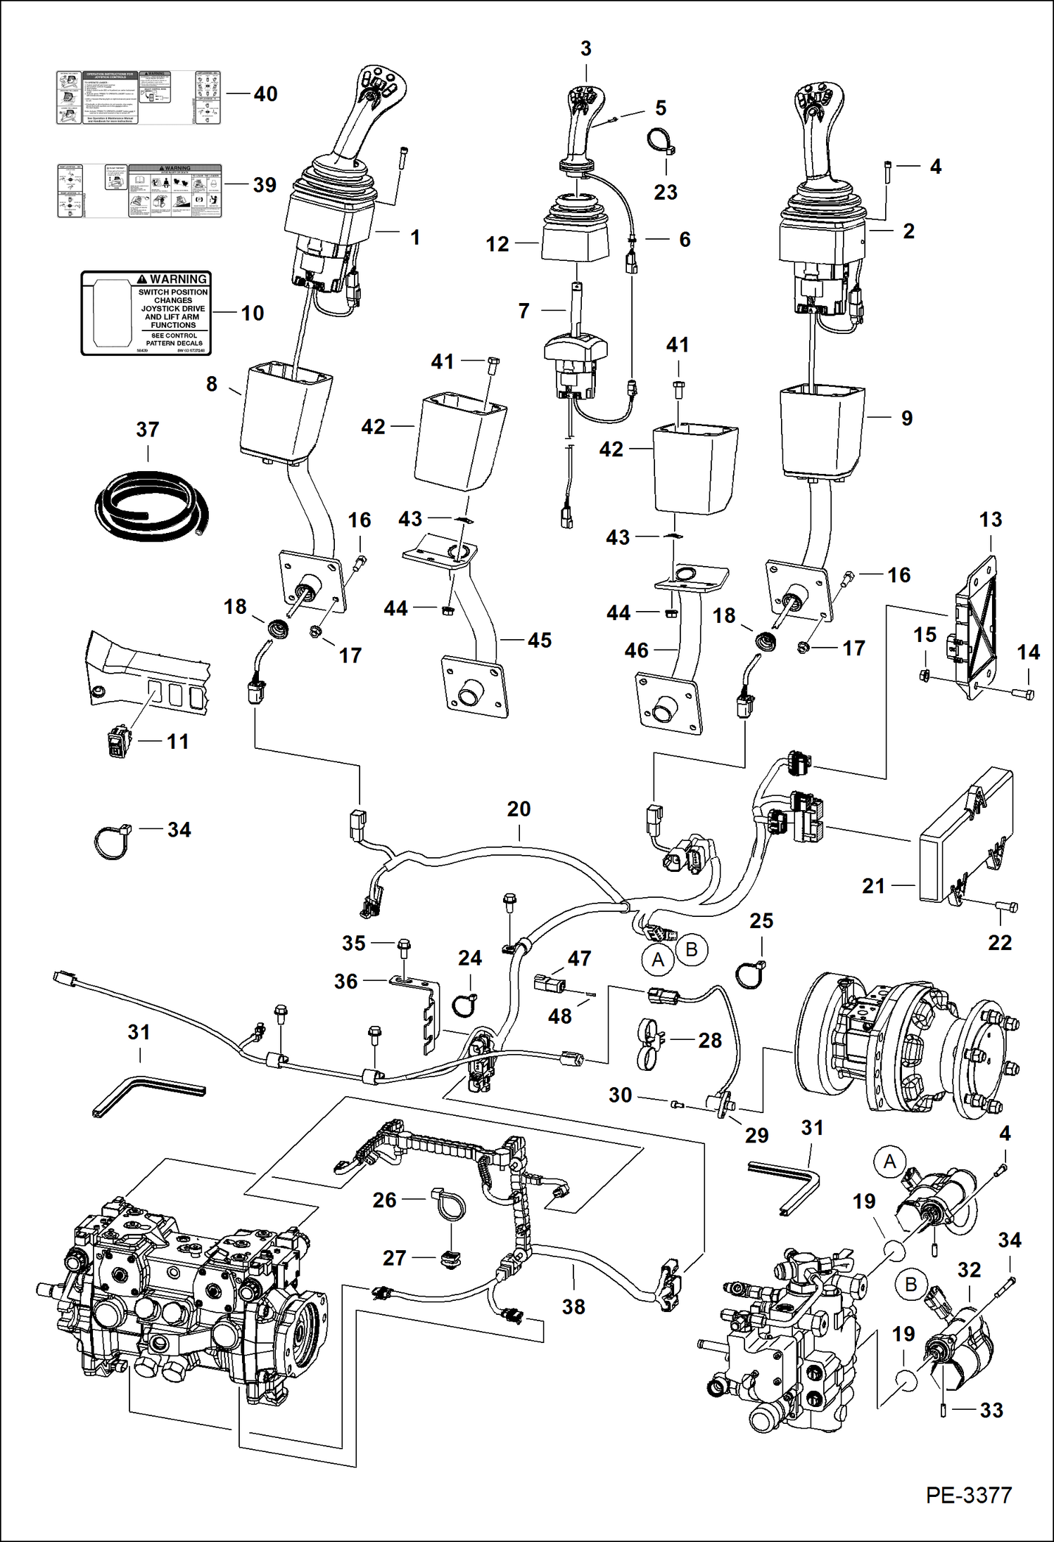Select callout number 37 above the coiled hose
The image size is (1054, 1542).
[x=147, y=430]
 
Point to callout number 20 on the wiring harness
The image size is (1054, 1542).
[x=519, y=809]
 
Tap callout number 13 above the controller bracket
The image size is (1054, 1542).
[x=990, y=520]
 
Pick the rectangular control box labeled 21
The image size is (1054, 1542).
[x=964, y=837]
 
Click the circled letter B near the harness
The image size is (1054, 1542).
[x=691, y=950]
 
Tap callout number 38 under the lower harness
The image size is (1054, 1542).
[x=573, y=1306]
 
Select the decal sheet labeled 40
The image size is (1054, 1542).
[x=139, y=98]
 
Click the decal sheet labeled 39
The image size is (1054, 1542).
[x=139, y=191]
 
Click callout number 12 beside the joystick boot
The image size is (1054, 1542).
[x=497, y=244]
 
